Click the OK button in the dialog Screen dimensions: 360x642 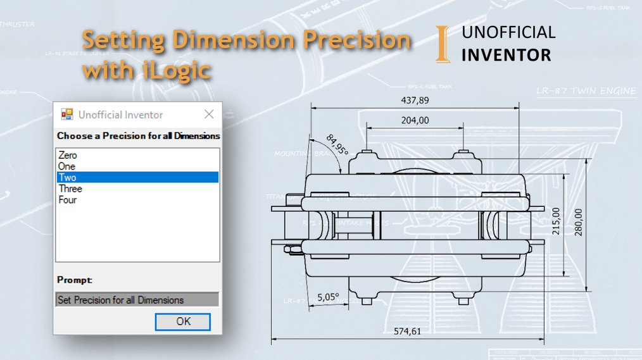pos(183,321)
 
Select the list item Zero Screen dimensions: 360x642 pos(68,155)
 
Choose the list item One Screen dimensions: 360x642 pos(66,166)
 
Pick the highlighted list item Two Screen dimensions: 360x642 pos(67,178)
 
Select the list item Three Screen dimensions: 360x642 pos(70,189)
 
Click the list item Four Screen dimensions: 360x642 pos(68,200)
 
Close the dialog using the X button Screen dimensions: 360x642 pos(208,115)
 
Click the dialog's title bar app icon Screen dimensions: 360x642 pos(66,115)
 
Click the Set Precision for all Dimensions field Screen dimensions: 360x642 pos(137,300)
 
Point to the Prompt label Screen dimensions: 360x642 pos(74,280)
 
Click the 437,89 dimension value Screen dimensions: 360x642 pos(415,100)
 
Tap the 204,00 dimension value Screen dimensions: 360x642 pos(415,120)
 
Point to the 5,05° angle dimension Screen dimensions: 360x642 pos(328,296)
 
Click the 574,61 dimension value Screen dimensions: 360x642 pos(407,331)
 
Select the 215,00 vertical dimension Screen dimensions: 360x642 pos(556,221)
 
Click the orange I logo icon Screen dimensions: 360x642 pos(443,44)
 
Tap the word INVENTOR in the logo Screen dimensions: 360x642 pos(506,55)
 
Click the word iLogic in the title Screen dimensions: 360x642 pos(173,69)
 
